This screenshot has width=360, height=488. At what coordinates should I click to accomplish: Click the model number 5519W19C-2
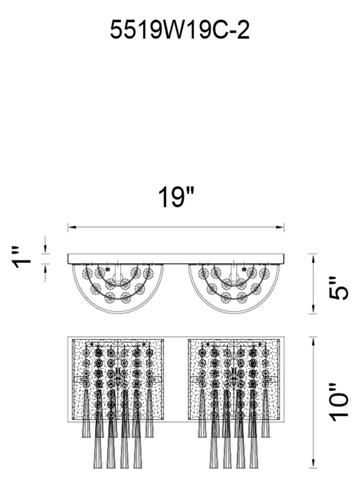180,30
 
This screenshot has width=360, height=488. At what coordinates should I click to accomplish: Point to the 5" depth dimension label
339,288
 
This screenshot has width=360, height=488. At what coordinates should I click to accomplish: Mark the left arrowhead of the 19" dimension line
72,227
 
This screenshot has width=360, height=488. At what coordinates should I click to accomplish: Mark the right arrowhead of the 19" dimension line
280,227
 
